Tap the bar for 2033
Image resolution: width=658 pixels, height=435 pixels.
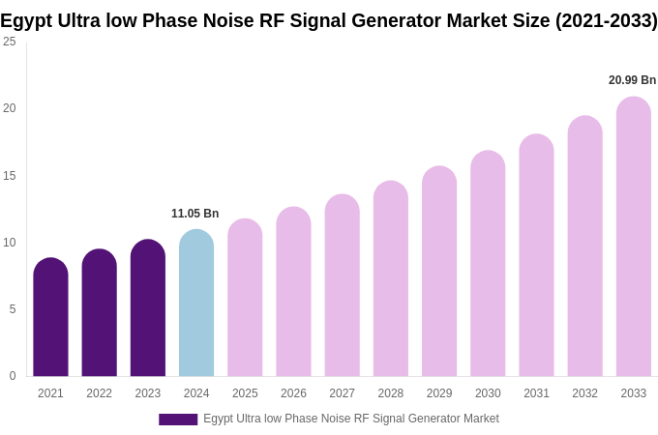(x=633, y=237)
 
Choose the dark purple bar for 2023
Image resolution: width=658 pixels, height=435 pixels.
(x=148, y=308)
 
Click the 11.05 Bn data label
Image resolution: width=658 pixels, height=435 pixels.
(x=194, y=214)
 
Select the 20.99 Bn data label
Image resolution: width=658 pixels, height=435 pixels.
(x=632, y=80)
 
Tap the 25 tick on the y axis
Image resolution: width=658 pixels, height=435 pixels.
(x=10, y=42)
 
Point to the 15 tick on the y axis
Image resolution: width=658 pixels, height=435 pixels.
(x=10, y=176)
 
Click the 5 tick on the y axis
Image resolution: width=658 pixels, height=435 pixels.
(x=13, y=309)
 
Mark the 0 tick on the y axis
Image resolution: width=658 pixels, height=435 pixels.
(x=13, y=376)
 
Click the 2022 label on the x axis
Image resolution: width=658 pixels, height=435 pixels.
(x=99, y=393)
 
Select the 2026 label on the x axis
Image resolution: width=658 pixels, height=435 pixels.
(x=293, y=393)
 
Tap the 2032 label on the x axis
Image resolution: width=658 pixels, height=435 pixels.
(x=584, y=393)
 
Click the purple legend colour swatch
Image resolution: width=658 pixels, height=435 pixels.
(x=178, y=420)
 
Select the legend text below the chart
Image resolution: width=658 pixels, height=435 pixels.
(x=350, y=419)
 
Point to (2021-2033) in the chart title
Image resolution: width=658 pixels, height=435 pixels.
(x=606, y=20)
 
